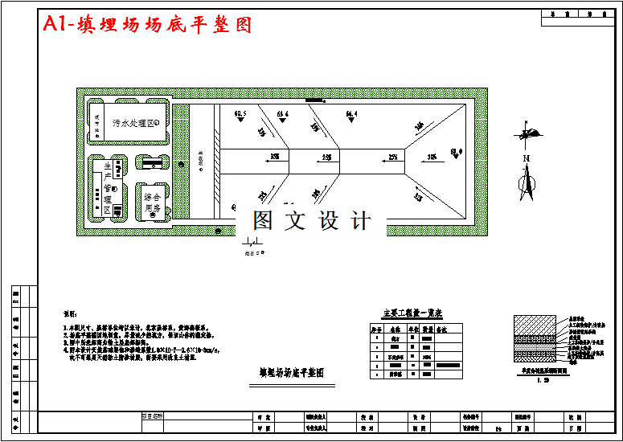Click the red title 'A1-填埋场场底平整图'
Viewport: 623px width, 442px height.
[x=148, y=25]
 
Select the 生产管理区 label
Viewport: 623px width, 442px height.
[x=106, y=187]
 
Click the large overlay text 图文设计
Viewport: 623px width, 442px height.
[x=312, y=220]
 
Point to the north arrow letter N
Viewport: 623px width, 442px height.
[x=527, y=160]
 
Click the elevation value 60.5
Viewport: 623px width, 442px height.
[x=240, y=114]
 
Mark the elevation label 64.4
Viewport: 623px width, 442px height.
[x=351, y=115]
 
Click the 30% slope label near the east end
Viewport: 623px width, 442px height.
[x=432, y=157]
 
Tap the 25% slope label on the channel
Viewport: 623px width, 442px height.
[x=392, y=157]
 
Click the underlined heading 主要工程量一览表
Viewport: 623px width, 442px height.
[x=412, y=313]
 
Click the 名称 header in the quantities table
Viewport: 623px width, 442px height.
[x=395, y=329]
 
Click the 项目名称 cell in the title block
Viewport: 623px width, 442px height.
[x=152, y=416]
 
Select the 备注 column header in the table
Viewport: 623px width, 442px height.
[x=441, y=329]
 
